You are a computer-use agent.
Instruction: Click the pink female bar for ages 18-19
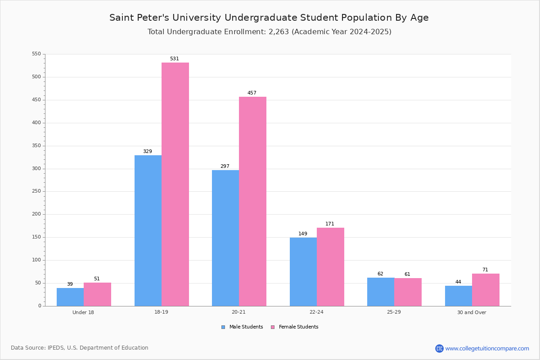point(175,184)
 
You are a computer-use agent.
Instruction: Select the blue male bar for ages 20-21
point(225,238)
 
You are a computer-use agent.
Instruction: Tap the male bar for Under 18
point(70,297)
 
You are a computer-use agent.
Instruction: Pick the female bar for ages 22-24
point(330,267)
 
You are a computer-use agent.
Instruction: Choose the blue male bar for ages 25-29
point(381,292)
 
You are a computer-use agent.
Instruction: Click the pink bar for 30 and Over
point(486,290)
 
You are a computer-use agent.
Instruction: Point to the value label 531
point(175,58)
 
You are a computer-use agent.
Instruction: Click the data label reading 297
point(225,166)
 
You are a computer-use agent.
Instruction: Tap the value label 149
point(303,234)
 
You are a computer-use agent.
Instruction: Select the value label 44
point(458,282)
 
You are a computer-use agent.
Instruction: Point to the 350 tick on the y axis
point(36,146)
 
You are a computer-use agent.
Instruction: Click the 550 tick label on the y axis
point(36,54)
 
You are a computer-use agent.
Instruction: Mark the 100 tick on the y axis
point(36,260)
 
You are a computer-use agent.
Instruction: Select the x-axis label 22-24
point(316,312)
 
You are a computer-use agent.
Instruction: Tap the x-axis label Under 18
point(83,312)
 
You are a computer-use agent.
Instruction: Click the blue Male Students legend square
point(223,327)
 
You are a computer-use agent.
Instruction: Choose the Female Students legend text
point(299,327)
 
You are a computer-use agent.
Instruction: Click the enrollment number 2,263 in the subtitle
point(279,32)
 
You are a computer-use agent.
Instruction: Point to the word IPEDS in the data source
point(56,348)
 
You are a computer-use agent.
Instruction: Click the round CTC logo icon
point(439,348)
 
